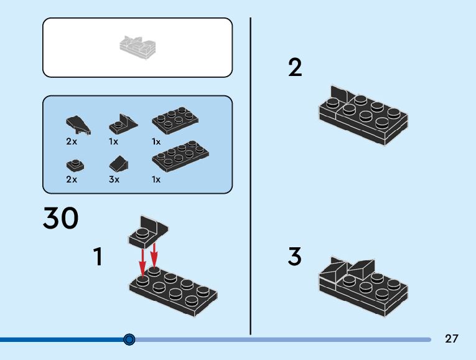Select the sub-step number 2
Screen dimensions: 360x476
[295, 67]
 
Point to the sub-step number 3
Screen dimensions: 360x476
[295, 256]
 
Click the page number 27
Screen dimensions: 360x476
[452, 339]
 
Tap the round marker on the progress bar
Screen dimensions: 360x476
[129, 339]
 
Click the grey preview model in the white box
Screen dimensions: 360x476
[138, 47]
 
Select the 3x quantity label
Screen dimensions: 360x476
[114, 179]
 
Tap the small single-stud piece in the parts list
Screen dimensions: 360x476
[75, 165]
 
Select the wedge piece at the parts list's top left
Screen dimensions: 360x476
[78, 124]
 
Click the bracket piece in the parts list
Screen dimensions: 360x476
[123, 123]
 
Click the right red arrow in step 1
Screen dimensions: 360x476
[154, 256]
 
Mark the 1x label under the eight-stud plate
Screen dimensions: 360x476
[156, 179]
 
